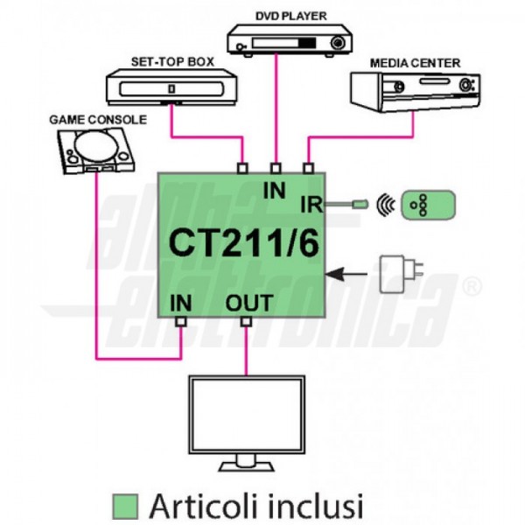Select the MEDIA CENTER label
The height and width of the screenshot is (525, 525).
(415, 63)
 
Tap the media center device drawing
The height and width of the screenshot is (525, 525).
(415, 91)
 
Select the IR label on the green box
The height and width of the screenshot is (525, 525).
(310, 205)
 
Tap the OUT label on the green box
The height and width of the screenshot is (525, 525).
(249, 304)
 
